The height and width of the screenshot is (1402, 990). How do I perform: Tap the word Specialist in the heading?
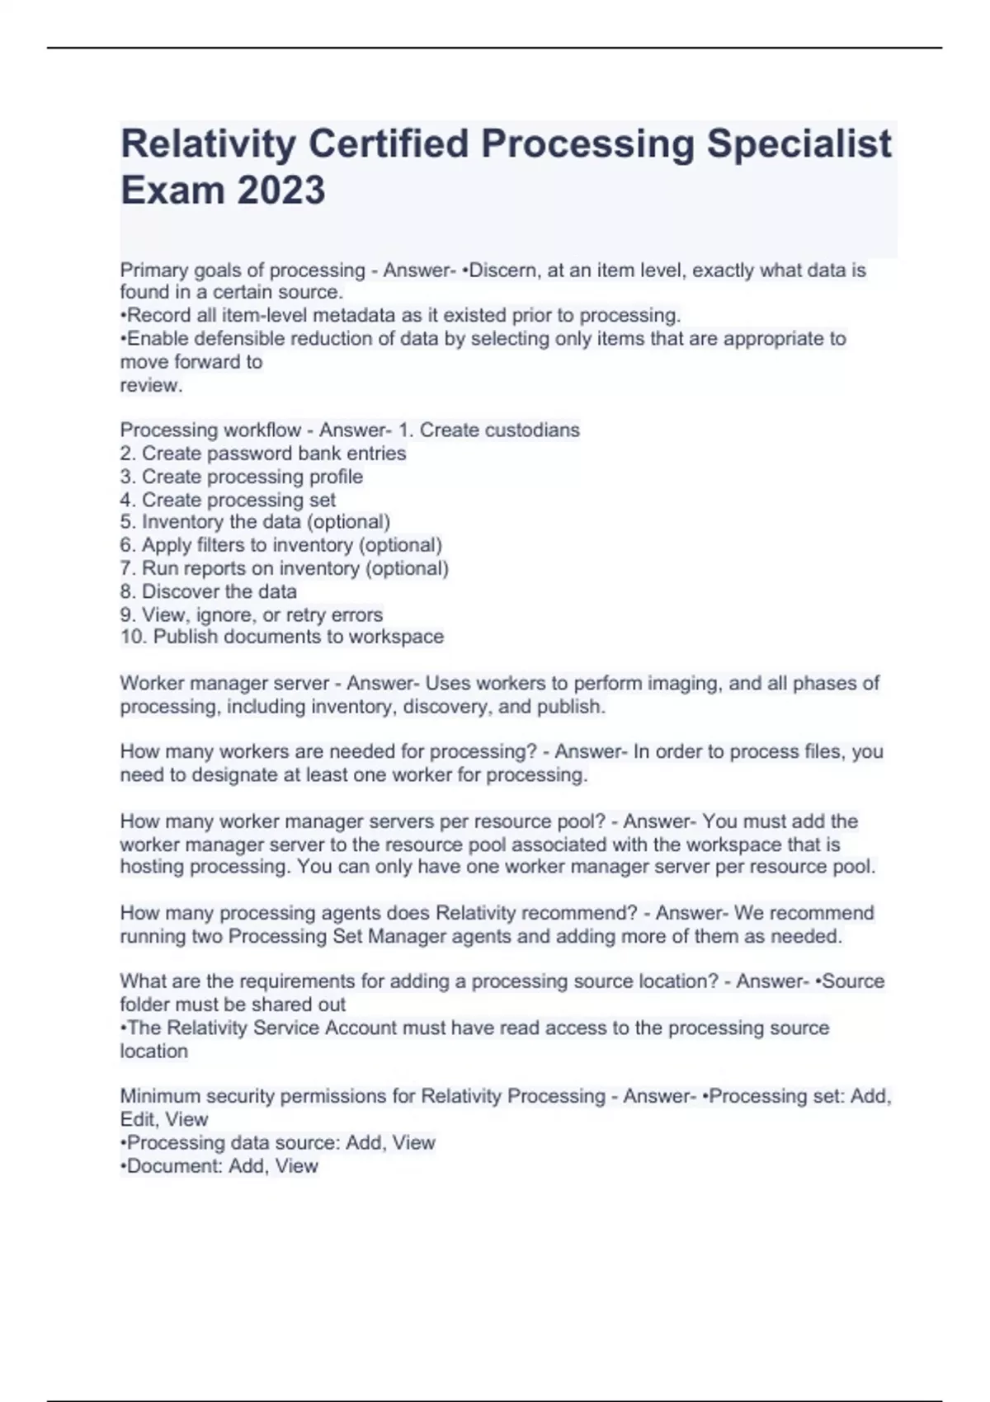pos(799,143)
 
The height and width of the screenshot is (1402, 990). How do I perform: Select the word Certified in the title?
pos(387,143)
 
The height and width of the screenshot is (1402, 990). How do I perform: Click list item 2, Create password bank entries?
pos(263,454)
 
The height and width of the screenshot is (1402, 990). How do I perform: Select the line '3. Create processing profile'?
pos(241,477)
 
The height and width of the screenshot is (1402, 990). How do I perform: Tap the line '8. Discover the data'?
pos(208,591)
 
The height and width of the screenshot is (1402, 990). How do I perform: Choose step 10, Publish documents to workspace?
pos(281,637)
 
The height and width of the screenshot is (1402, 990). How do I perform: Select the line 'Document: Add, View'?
pos(219,1165)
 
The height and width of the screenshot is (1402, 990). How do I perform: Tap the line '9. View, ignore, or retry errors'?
pos(251,614)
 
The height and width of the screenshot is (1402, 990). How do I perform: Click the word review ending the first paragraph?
pos(149,385)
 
